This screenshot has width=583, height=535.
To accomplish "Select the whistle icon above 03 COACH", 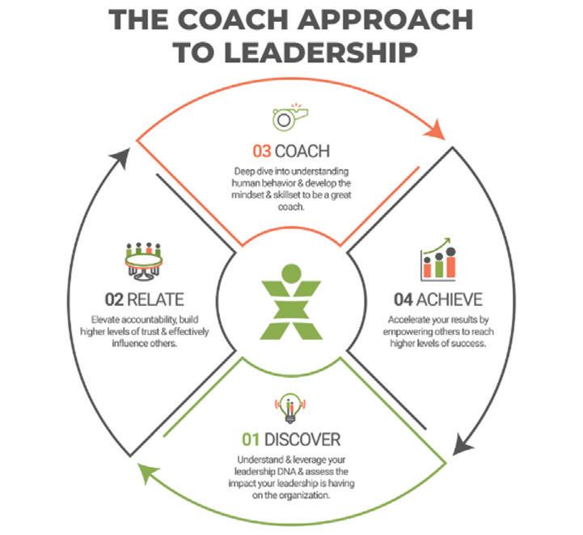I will (x=290, y=118).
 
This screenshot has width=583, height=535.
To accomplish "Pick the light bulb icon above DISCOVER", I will (x=290, y=408).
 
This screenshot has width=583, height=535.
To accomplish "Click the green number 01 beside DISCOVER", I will (x=252, y=440).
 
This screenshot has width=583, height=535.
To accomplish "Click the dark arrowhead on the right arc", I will (x=460, y=444).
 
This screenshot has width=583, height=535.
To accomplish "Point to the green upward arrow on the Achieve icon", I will (x=440, y=246).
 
